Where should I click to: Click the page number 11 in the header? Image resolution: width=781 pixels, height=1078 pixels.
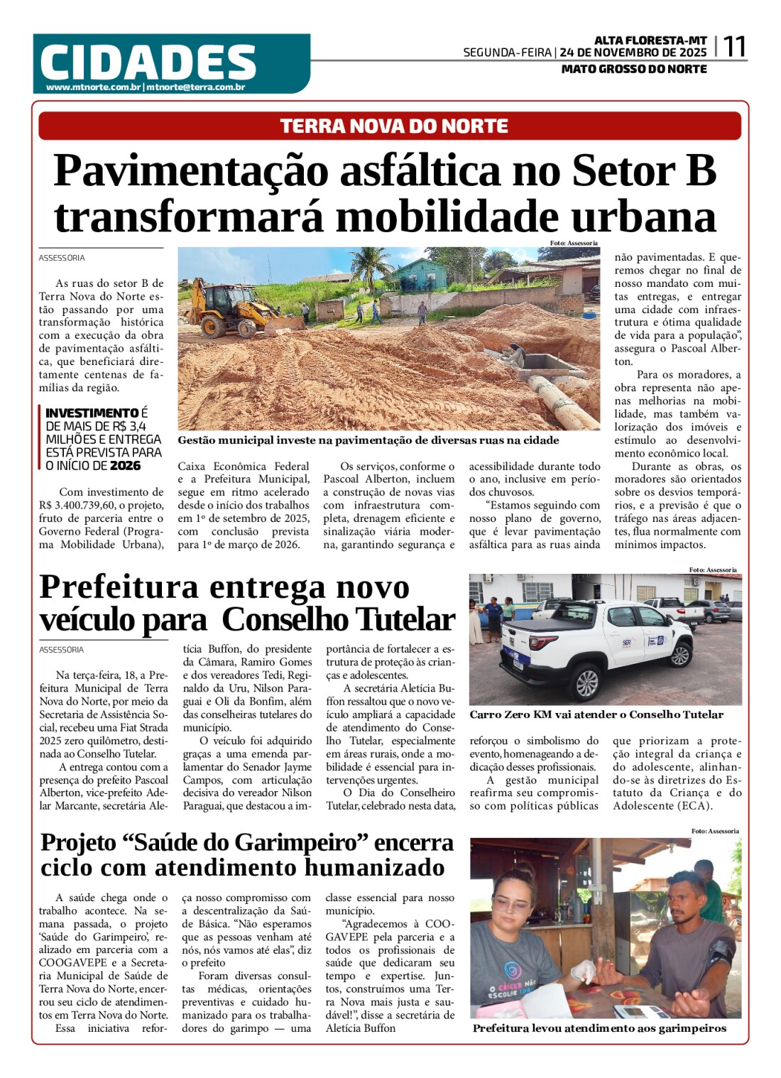click(x=734, y=47)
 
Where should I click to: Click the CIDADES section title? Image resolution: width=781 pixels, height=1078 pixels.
click(x=148, y=62)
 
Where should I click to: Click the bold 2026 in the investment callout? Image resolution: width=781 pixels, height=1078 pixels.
click(x=125, y=466)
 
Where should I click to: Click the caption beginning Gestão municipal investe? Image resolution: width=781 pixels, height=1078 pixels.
click(x=368, y=440)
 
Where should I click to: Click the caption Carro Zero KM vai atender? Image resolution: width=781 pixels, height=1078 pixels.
click(x=596, y=714)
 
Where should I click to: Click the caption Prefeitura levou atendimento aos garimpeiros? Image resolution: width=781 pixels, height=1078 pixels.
click(x=599, y=1028)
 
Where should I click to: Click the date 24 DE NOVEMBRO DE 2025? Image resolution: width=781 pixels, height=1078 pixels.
click(x=633, y=53)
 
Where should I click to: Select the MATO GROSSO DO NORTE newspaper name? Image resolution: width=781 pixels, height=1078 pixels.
click(x=633, y=69)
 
